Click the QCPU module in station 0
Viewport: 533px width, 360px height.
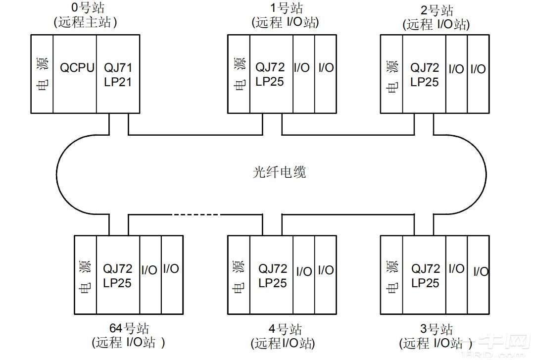pyautogui.click(x=75, y=73)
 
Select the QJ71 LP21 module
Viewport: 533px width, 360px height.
pyautogui.click(x=118, y=73)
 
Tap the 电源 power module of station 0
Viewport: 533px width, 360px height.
pyautogui.click(x=42, y=73)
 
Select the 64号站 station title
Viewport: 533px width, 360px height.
pyautogui.click(x=129, y=328)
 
